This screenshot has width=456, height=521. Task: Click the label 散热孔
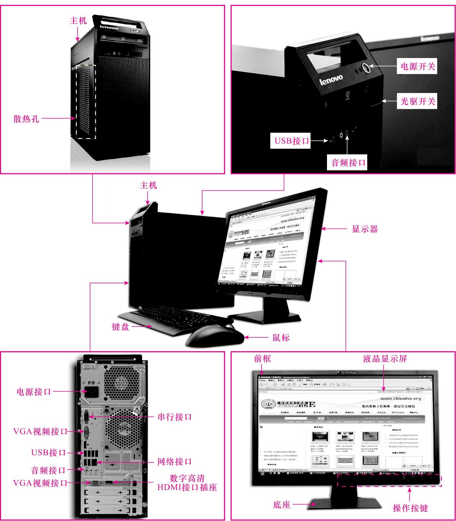pyautogui.click(x=26, y=119)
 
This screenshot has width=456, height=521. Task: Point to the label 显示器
pyautogui.click(x=365, y=229)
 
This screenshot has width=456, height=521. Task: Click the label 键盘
pyautogui.click(x=120, y=327)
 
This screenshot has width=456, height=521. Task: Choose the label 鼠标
pyautogui.click(x=281, y=338)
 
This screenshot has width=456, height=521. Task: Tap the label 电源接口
pyautogui.click(x=34, y=392)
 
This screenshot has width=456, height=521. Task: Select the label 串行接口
pyautogui.click(x=174, y=417)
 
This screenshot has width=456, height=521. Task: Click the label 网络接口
pyautogui.click(x=174, y=462)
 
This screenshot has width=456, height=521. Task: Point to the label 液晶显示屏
pyautogui.click(x=385, y=359)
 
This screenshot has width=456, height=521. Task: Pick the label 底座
pyautogui.click(x=281, y=505)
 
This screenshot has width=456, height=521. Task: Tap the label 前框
pyautogui.click(x=262, y=359)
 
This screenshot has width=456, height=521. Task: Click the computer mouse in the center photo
pyautogui.click(x=215, y=336)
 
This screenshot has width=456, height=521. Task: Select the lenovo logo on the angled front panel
pyautogui.click(x=331, y=80)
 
